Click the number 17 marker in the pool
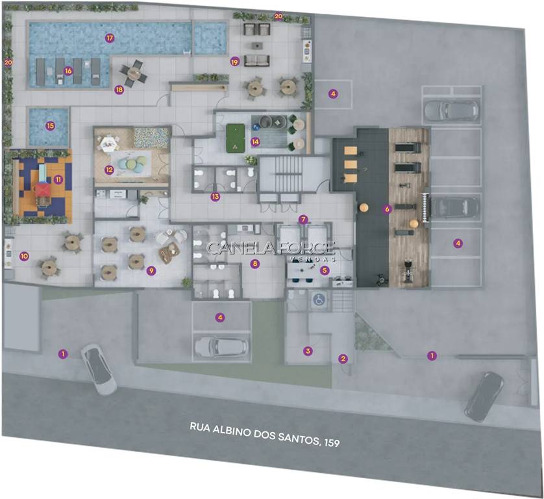[110, 38]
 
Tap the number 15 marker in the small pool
[50, 125]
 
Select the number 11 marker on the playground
[58, 179]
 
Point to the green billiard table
[236, 138]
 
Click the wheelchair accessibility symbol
[319, 300]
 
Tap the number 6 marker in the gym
[387, 209]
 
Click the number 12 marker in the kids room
[109, 170]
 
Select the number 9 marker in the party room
[151, 270]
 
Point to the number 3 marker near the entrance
[308, 351]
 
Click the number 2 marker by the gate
[343, 359]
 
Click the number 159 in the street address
[331, 442]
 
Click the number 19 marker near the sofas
[235, 62]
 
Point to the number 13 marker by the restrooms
[215, 197]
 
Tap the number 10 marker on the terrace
[24, 256]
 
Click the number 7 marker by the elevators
[303, 220]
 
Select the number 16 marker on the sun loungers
[68, 71]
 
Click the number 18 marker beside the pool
[119, 90]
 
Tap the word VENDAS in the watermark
[312, 259]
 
